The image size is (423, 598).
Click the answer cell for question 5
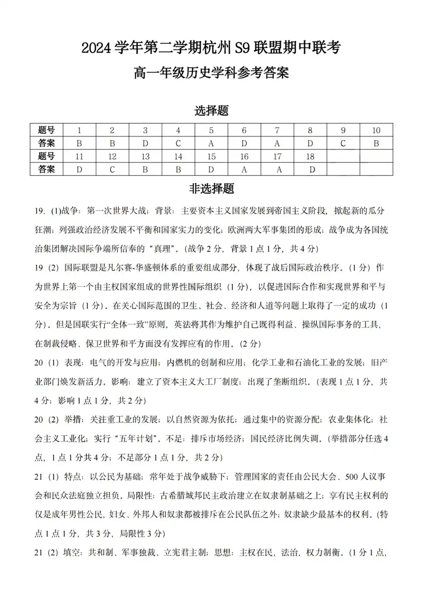(211, 143)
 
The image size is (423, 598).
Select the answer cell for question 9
(343, 143)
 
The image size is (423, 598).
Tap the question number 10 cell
(376, 130)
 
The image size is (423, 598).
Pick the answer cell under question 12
(112, 170)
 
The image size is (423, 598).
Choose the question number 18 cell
(310, 156)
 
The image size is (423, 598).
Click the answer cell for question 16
(244, 170)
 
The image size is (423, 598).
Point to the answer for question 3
(145, 143)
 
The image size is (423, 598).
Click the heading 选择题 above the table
(211, 111)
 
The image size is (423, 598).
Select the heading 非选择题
(211, 189)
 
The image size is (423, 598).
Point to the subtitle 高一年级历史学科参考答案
(211, 73)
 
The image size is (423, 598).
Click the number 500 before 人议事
(352, 477)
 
